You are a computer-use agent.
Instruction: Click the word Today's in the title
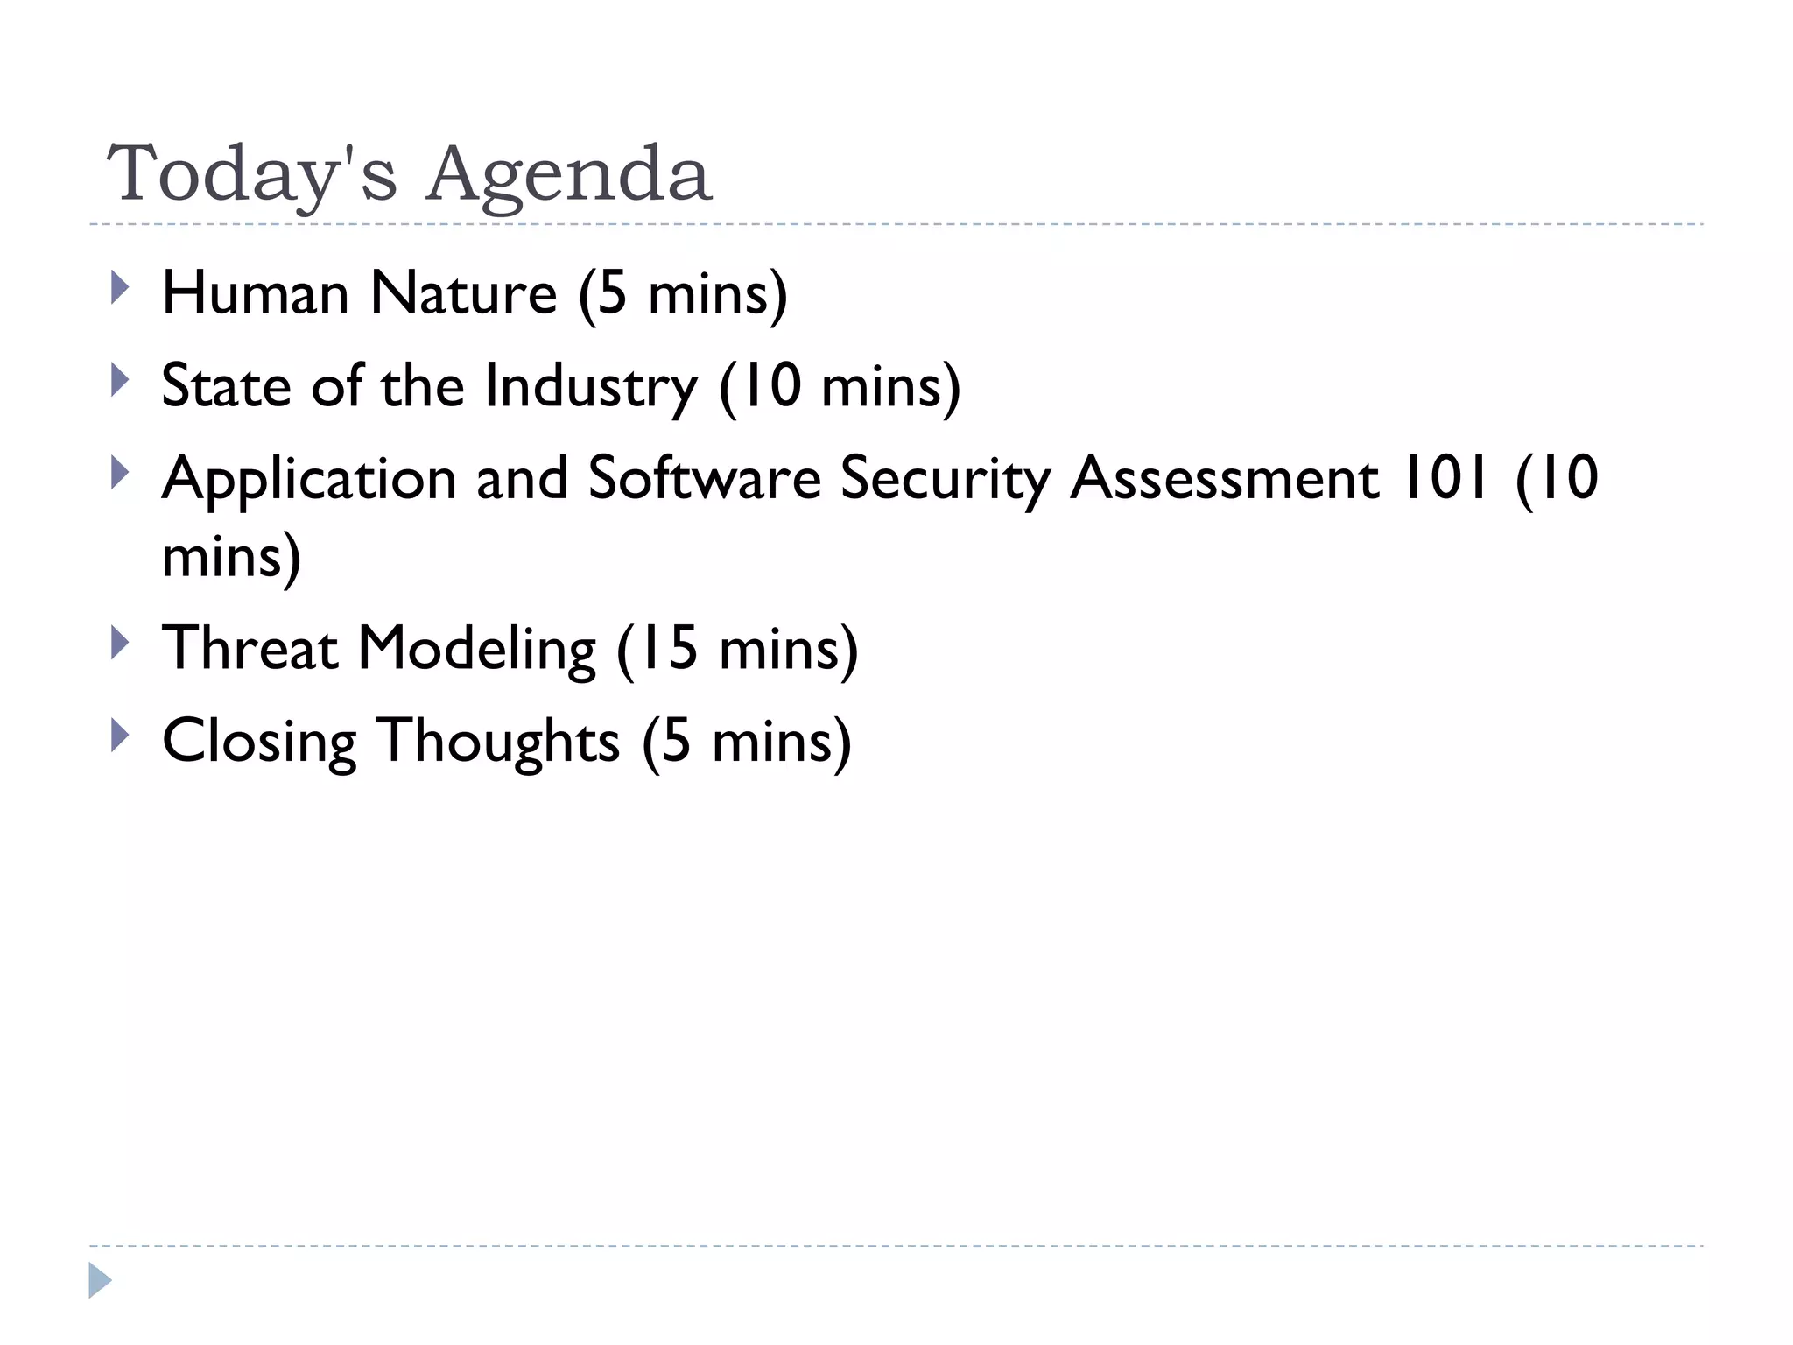point(252,173)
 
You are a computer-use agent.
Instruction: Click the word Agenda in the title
point(569,175)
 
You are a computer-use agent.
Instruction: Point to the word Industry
point(591,387)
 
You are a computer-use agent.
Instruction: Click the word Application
point(309,480)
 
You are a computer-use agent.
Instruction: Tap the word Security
point(945,480)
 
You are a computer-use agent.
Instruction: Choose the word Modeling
point(477,650)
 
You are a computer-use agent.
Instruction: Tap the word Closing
point(259,743)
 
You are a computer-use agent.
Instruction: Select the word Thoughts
point(498,743)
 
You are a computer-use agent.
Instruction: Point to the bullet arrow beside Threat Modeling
point(120,643)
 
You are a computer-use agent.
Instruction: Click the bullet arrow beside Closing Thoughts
point(120,736)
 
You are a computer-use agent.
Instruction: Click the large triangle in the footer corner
point(100,1280)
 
